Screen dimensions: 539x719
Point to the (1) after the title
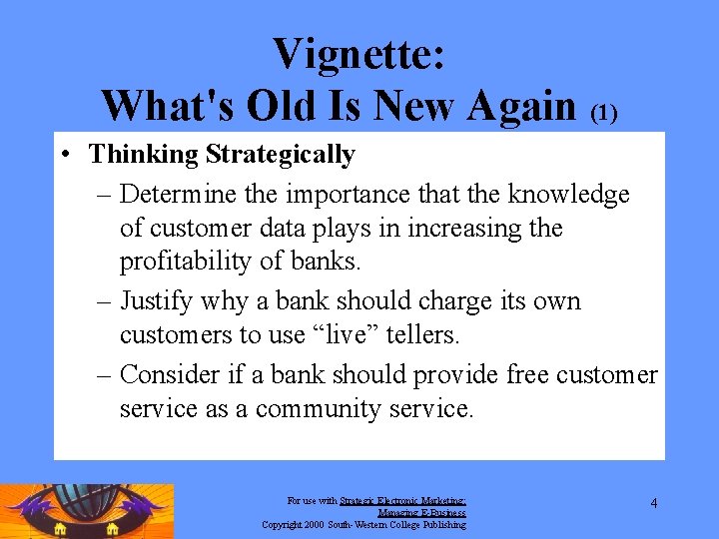[x=604, y=112]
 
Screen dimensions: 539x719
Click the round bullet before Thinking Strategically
[x=63, y=155]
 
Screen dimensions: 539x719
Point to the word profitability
[x=187, y=264]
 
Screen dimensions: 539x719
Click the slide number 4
[x=653, y=503]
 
